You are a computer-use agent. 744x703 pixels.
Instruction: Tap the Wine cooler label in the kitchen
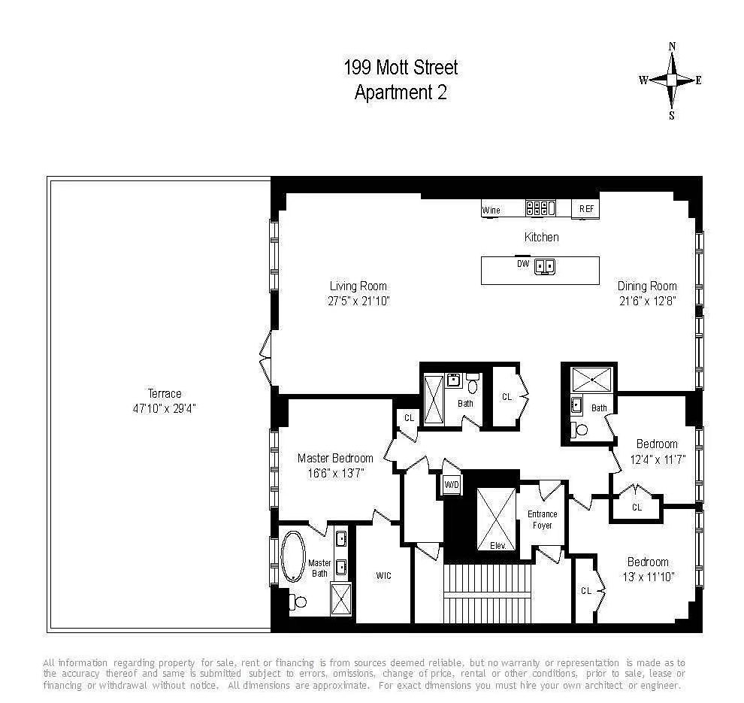[491, 211]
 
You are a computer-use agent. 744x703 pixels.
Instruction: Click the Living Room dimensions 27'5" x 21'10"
[358, 301]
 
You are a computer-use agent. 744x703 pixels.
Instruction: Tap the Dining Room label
[647, 286]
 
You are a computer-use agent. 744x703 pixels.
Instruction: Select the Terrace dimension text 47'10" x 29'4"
[165, 408]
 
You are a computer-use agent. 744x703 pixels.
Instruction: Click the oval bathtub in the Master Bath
[293, 557]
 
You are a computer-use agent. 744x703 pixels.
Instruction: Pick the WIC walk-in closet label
[383, 575]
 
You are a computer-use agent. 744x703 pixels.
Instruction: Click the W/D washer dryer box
[452, 485]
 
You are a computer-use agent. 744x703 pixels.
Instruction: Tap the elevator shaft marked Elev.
[497, 519]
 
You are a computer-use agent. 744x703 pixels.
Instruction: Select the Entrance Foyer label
[543, 520]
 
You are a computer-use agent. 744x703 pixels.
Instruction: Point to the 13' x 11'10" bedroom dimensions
[648, 577]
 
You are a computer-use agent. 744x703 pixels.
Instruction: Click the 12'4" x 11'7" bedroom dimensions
[657, 458]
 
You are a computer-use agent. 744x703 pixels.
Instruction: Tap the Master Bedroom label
[335, 458]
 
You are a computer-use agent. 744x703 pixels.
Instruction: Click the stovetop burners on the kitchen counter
[540, 208]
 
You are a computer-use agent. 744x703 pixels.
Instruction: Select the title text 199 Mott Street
[401, 68]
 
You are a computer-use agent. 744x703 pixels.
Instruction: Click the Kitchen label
[541, 238]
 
